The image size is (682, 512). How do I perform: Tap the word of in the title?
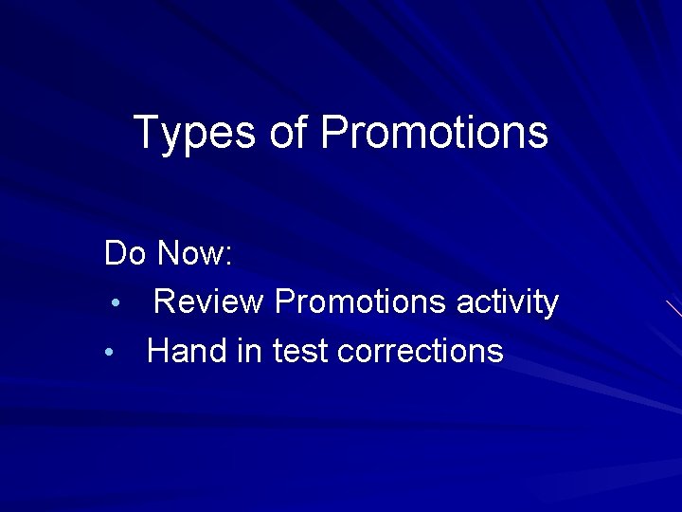click(x=288, y=133)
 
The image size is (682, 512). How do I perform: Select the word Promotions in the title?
click(x=435, y=133)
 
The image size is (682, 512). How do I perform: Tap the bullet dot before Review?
click(x=114, y=304)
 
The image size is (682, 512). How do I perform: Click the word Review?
click(x=208, y=302)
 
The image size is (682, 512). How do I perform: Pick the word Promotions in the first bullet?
click(x=360, y=302)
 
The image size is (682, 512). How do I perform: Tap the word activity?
click(x=508, y=302)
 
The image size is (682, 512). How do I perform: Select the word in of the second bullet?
click(x=249, y=352)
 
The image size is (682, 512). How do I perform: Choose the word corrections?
click(x=420, y=352)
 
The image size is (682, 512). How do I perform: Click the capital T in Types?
click(x=146, y=133)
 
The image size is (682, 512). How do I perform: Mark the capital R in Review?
click(x=164, y=302)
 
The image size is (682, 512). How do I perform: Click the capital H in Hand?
click(x=158, y=352)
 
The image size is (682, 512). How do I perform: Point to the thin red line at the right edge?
click(x=673, y=307)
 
